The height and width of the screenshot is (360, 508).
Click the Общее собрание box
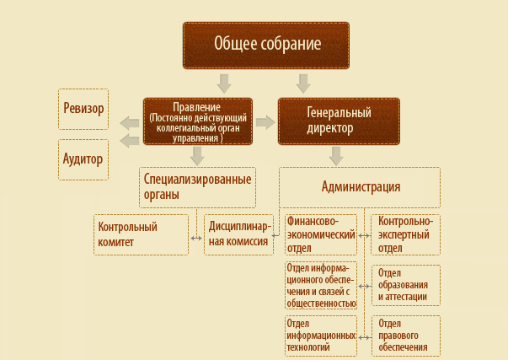point(266,46)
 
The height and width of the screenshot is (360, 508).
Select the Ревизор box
point(83,109)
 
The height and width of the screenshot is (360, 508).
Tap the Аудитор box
point(83,159)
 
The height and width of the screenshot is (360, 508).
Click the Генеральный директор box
point(339,121)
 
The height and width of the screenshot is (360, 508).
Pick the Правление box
point(198,121)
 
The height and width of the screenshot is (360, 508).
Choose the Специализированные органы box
point(197,187)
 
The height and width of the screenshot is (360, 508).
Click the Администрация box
point(360,187)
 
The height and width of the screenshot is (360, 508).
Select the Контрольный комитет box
point(141,234)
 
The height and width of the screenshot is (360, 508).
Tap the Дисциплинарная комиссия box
point(238,234)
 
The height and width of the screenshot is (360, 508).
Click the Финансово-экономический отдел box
point(321,234)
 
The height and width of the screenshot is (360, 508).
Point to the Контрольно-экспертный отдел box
point(405,234)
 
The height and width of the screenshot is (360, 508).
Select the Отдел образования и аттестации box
point(406,286)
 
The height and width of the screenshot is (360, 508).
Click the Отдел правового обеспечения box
point(406,336)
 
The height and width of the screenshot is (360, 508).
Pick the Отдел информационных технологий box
point(321,336)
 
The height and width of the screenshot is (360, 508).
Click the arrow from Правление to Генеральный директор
point(265,122)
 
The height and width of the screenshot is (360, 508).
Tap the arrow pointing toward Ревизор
point(130,123)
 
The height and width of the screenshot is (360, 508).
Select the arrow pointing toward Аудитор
point(130,141)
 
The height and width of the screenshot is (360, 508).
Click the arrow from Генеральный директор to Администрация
point(336,156)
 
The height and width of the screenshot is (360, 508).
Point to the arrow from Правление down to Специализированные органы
point(197,156)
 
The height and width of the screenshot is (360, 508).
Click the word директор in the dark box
point(330,129)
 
